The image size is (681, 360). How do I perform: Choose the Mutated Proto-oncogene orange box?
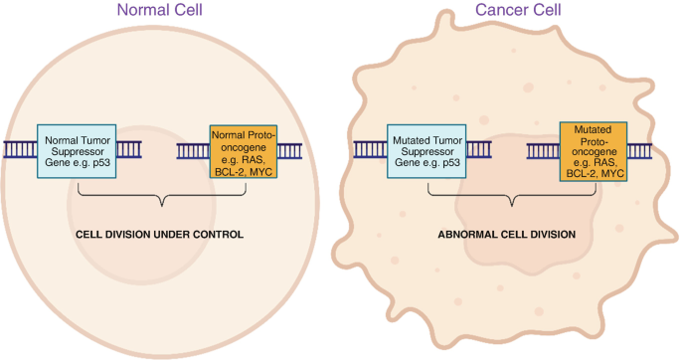pyautogui.click(x=594, y=151)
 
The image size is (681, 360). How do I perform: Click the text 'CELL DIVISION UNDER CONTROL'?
pyautogui.click(x=159, y=235)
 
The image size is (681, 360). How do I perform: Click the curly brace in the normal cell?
pyautogui.click(x=159, y=200)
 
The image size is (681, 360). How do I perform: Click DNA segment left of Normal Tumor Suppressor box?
pyautogui.click(x=19, y=151)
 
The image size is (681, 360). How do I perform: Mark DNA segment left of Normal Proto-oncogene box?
pyautogui.click(x=193, y=151)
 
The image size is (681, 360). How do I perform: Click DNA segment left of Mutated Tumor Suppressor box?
pyautogui.click(x=370, y=151)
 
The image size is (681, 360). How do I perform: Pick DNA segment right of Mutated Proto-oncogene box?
pyautogui.click(x=639, y=151)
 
